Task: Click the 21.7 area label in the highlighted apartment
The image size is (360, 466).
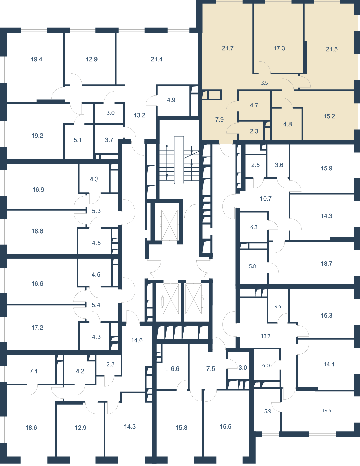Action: pyautogui.click(x=228, y=48)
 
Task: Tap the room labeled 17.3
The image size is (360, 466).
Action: pyautogui.click(x=279, y=48)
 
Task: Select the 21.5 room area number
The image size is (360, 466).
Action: pyautogui.click(x=332, y=49)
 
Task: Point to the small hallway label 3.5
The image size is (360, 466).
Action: pyautogui.click(x=264, y=83)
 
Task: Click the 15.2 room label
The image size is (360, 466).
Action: pyautogui.click(x=329, y=116)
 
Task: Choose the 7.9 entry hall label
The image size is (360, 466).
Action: pyautogui.click(x=219, y=120)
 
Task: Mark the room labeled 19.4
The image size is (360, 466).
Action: pyautogui.click(x=37, y=59)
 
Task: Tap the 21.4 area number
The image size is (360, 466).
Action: pyautogui.click(x=157, y=59)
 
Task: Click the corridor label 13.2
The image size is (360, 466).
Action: pyautogui.click(x=140, y=115)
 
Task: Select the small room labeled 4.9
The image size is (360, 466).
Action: pyautogui.click(x=171, y=100)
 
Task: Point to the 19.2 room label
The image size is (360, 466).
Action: pyautogui.click(x=37, y=136)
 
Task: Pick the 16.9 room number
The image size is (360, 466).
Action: pyautogui.click(x=38, y=190)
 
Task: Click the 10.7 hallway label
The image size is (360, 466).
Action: pyautogui.click(x=266, y=199)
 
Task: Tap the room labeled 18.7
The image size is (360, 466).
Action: pyautogui.click(x=327, y=263)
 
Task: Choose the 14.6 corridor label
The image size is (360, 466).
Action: pyautogui.click(x=137, y=340)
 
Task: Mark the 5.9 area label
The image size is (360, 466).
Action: pyautogui.click(x=268, y=411)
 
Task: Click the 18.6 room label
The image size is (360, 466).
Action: pyautogui.click(x=31, y=428)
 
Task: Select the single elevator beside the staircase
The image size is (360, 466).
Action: pyautogui.click(x=169, y=225)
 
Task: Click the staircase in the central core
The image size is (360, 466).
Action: pyautogui.click(x=179, y=160)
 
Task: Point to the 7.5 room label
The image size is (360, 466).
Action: pyautogui.click(x=211, y=368)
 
